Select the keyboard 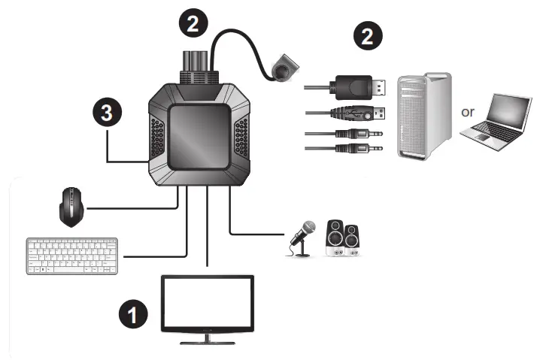click(73, 257)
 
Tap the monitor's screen click(208, 305)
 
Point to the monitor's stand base click(208, 343)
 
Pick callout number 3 click(108, 113)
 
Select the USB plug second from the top click(359, 114)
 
